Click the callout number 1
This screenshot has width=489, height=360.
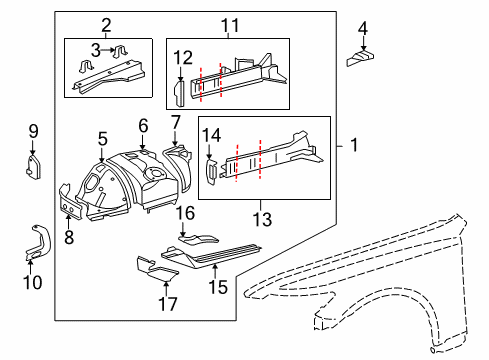[353, 145]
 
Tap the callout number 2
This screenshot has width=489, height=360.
[106, 24]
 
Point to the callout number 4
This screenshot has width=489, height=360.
[363, 27]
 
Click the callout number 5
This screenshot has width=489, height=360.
[102, 138]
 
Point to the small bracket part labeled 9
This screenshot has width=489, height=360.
[32, 163]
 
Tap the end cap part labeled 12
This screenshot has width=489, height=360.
[181, 93]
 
